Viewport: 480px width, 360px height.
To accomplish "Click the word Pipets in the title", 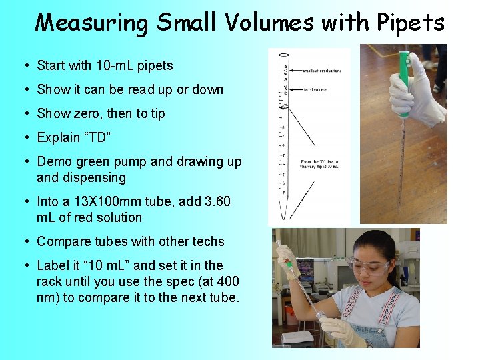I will [409, 23].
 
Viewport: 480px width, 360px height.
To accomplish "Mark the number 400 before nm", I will [226, 281].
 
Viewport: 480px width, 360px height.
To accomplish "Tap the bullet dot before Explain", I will [25, 137].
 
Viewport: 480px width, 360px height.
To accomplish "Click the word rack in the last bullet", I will [49, 281].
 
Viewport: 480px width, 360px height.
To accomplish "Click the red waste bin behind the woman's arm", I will [291, 314].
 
